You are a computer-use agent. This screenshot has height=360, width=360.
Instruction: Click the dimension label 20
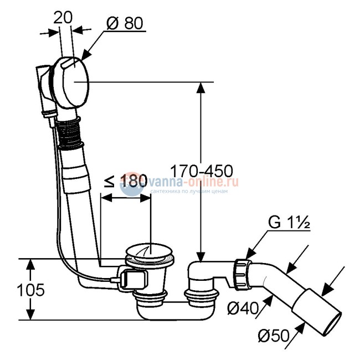(63, 18)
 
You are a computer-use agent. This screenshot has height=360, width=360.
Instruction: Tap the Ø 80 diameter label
(125, 23)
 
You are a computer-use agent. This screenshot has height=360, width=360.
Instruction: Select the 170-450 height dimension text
(202, 171)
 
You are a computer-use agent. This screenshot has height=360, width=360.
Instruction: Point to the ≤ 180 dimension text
(126, 181)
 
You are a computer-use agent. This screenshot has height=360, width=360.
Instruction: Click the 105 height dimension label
(30, 290)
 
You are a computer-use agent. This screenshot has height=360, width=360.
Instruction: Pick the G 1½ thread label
(289, 222)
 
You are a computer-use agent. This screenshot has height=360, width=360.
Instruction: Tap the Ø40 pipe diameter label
(243, 308)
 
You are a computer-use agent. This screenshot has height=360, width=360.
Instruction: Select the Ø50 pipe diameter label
(274, 336)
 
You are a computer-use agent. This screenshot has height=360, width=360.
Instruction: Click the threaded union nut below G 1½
(241, 274)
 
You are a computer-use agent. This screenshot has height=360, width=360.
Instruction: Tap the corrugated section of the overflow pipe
(69, 132)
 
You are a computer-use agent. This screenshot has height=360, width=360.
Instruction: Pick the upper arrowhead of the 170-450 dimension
(201, 88)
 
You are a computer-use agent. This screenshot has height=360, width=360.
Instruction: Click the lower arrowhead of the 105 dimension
(30, 314)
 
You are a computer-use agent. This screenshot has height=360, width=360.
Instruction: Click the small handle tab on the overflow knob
(69, 63)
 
